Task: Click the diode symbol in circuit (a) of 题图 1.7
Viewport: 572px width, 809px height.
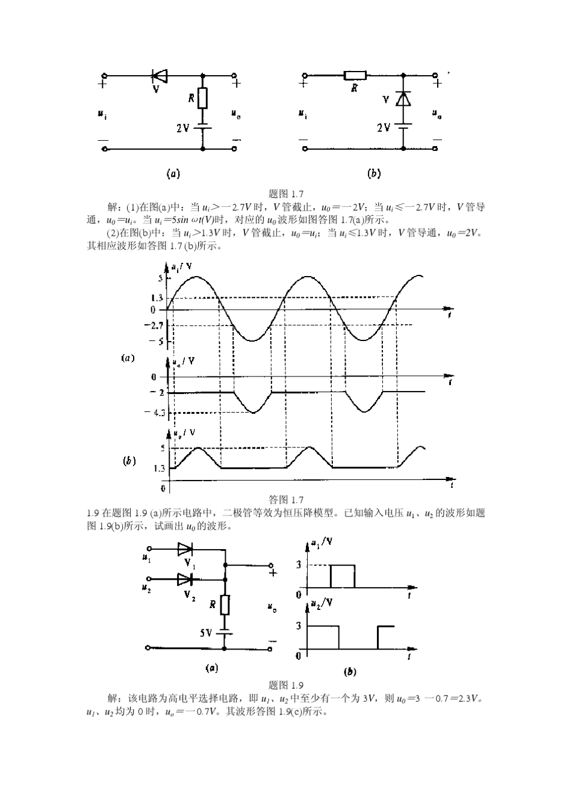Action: pyautogui.click(x=159, y=76)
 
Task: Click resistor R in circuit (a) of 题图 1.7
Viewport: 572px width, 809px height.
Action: pyautogui.click(x=203, y=97)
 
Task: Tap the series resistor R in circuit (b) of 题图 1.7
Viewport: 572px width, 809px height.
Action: pyautogui.click(x=355, y=76)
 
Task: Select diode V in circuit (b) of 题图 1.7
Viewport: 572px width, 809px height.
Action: pyautogui.click(x=403, y=99)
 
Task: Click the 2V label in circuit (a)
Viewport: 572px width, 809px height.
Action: pyautogui.click(x=182, y=128)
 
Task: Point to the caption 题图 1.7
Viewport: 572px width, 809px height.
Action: pyautogui.click(x=285, y=194)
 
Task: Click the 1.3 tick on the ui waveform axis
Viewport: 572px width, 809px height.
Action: pyautogui.click(x=156, y=298)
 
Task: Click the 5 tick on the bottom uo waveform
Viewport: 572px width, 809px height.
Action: pyautogui.click(x=161, y=448)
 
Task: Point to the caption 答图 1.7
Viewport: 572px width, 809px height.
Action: pyautogui.click(x=285, y=500)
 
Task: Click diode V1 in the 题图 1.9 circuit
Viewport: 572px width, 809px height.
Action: pyautogui.click(x=185, y=549)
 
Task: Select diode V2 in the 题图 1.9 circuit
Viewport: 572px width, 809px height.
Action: pyautogui.click(x=185, y=580)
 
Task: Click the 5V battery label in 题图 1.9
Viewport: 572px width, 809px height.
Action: pyautogui.click(x=206, y=633)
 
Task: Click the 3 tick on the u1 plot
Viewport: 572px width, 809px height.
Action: pyautogui.click(x=299, y=565)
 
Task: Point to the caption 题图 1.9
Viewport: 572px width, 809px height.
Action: pyautogui.click(x=285, y=685)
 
